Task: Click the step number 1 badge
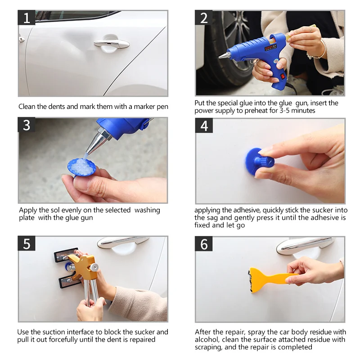[x=27, y=18]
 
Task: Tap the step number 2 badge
[x=204, y=18]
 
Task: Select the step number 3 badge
[x=27, y=125]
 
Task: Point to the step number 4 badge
[x=204, y=126]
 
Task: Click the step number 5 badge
[x=27, y=243]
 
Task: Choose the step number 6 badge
[x=204, y=244]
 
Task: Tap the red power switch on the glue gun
[x=283, y=76]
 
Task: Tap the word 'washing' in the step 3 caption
[x=147, y=210]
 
